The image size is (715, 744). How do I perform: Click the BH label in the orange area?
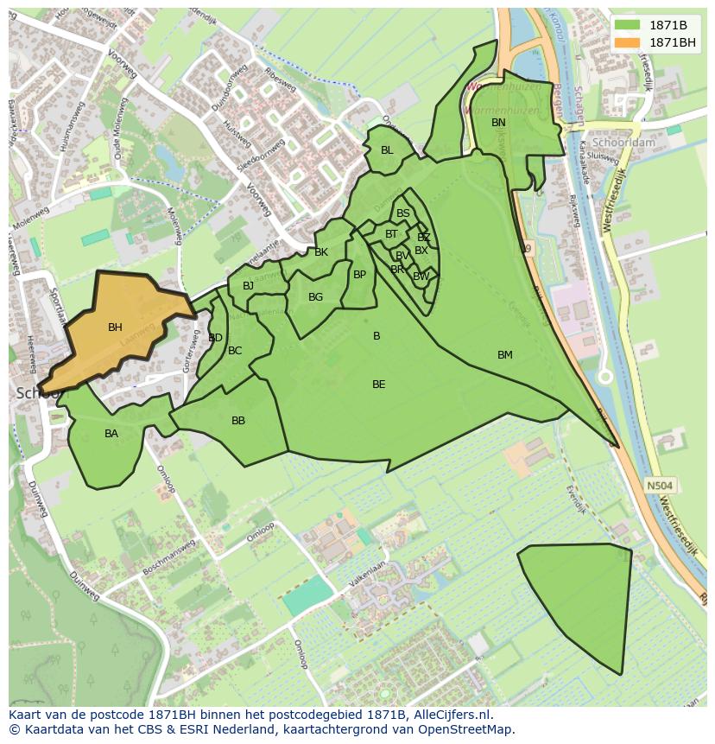[115, 327]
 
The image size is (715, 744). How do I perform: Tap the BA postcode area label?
[111, 434]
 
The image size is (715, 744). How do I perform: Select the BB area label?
[238, 422]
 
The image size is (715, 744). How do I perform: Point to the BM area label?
[505, 355]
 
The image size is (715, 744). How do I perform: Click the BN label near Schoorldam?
[498, 123]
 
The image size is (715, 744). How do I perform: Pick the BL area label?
[387, 150]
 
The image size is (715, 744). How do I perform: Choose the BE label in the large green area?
[378, 385]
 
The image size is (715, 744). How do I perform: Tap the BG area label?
[315, 297]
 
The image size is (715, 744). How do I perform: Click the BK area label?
[321, 252]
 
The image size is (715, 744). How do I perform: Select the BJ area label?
[249, 286]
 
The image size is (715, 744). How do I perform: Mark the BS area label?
[403, 213]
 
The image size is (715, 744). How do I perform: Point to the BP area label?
[359, 276]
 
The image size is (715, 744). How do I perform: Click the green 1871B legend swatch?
[628, 25]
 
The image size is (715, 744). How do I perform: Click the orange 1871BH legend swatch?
[628, 42]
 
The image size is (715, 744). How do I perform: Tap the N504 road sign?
[659, 486]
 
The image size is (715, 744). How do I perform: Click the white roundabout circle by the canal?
[605, 377]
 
